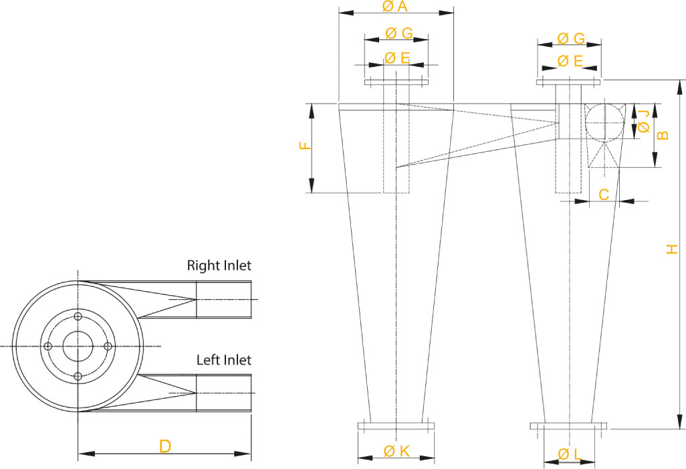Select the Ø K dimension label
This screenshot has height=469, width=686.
(x=396, y=451)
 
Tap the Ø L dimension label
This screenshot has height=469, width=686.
(x=570, y=454)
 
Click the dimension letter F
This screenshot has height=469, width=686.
(x=306, y=145)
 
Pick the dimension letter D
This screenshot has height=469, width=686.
(x=165, y=447)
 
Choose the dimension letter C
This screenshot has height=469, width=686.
(x=604, y=195)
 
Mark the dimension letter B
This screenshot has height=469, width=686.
(x=663, y=135)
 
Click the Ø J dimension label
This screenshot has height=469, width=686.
(x=644, y=121)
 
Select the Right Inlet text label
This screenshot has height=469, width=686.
(x=219, y=266)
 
